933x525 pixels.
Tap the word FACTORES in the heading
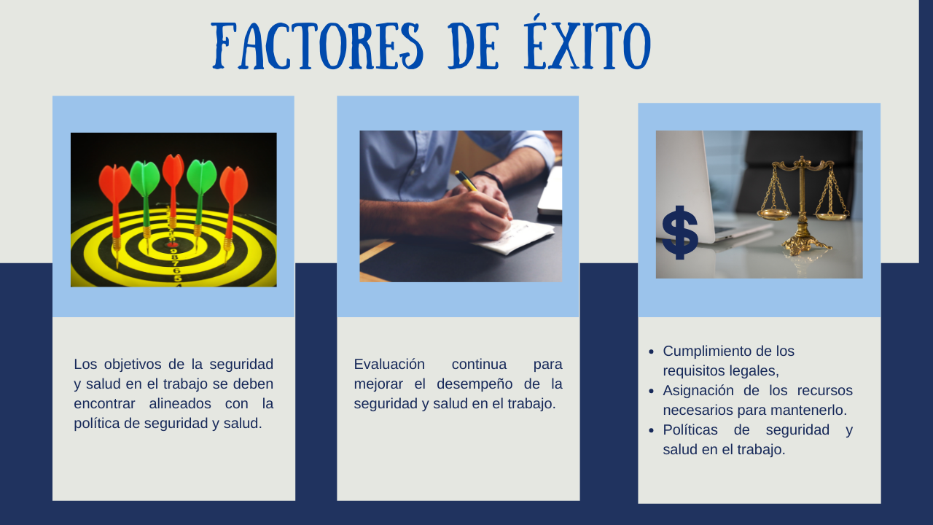[317, 46]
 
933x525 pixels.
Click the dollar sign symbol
[680, 232]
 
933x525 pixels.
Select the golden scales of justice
[803, 205]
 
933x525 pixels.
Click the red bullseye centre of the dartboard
[173, 244]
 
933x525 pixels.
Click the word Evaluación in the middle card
[389, 364]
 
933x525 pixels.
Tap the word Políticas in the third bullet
[690, 429]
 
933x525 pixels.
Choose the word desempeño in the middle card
[475, 384]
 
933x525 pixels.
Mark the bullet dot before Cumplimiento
[652, 352]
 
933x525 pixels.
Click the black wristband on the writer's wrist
[490, 179]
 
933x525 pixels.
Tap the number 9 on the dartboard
[174, 252]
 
